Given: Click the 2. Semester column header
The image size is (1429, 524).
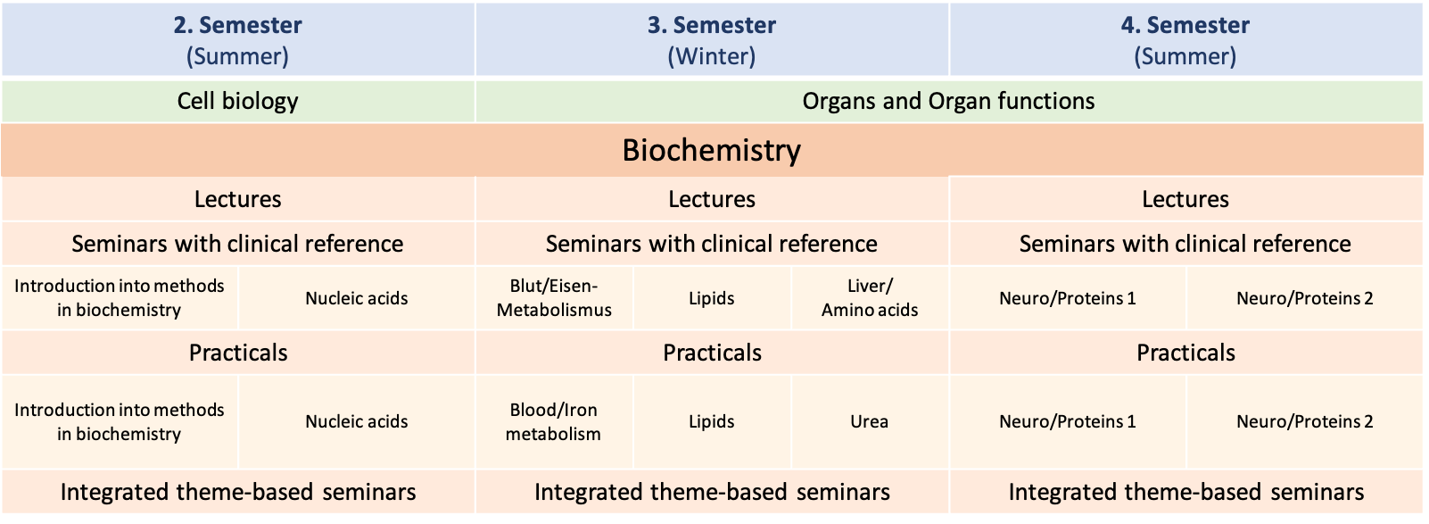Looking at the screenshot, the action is click(237, 39).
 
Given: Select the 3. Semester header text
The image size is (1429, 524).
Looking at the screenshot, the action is click(711, 26).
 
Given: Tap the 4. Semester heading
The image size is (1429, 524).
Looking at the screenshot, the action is click(1185, 39).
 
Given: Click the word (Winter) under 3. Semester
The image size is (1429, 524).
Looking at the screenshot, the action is click(711, 56).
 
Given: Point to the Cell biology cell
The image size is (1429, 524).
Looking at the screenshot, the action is click(237, 101).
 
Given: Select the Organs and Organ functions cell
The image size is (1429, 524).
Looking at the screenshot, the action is click(949, 101).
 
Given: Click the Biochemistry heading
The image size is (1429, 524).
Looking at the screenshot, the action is click(711, 150).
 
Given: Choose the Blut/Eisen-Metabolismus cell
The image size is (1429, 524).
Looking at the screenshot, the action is click(554, 298).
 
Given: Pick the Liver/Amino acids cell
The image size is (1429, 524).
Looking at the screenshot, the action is click(871, 298).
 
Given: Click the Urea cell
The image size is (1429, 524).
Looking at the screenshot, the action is click(871, 421).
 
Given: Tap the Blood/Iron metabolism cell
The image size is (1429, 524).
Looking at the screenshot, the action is click(554, 421).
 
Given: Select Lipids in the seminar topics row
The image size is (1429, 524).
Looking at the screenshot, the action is click(712, 298).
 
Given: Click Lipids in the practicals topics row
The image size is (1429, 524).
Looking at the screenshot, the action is click(712, 421).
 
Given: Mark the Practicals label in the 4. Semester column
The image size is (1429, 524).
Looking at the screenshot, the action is click(1186, 353).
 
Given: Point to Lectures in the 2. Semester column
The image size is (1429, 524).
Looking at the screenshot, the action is click(237, 199).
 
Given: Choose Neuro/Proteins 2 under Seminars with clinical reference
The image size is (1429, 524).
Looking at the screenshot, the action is click(1305, 298).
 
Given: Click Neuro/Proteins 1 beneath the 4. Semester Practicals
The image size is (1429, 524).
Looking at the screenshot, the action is click(1068, 421).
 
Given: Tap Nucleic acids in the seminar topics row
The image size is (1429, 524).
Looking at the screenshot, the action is click(357, 298).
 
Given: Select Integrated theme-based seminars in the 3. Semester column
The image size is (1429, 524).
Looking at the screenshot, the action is click(712, 492).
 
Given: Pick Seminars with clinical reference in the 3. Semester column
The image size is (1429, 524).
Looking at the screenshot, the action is click(711, 244).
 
